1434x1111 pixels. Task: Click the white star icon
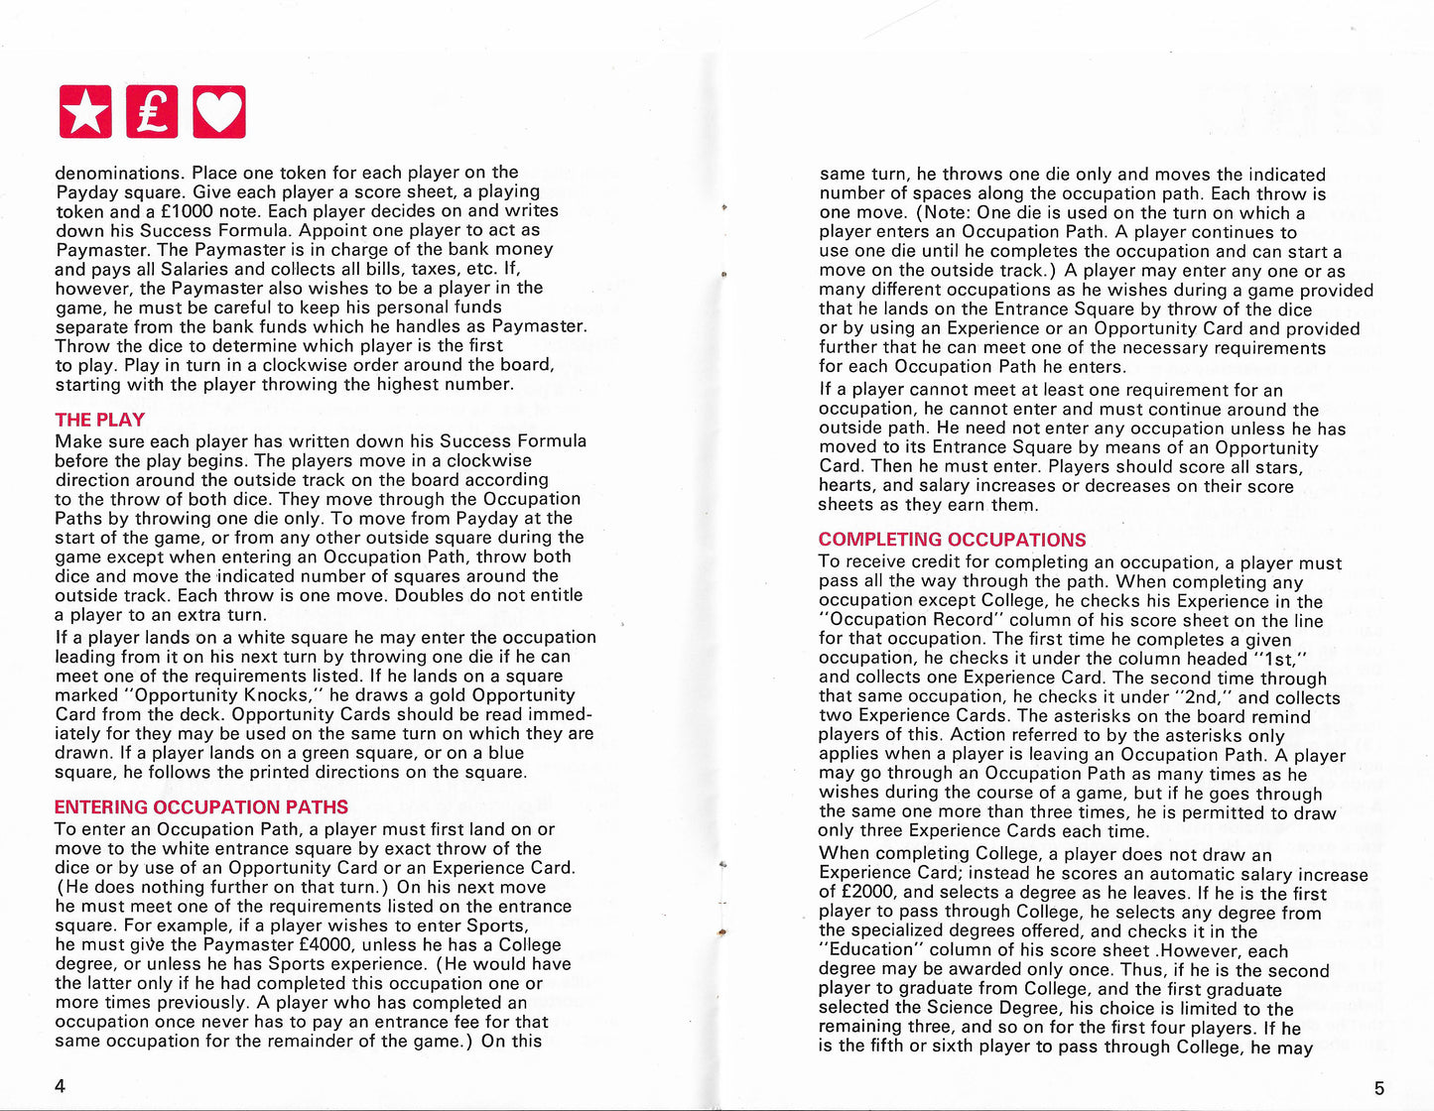point(85,111)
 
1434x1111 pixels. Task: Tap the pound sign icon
point(152,111)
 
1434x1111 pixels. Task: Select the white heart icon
point(218,111)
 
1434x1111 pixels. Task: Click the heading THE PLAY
point(100,420)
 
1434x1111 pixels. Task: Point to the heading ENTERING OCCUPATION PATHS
point(201,807)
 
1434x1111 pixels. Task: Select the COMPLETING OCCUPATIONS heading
point(952,540)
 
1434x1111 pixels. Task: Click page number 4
point(60,1085)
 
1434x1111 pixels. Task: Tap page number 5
point(1378,1088)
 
